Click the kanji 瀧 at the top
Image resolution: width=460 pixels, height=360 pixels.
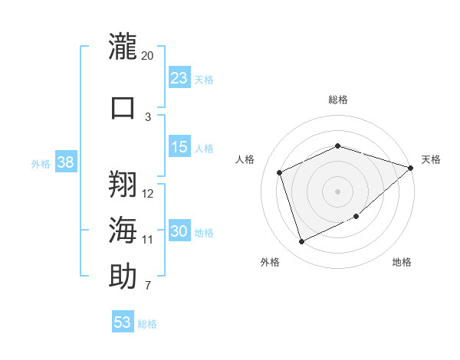(x=123, y=46)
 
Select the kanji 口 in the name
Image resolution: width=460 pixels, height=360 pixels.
(x=123, y=107)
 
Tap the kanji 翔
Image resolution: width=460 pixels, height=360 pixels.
(x=123, y=184)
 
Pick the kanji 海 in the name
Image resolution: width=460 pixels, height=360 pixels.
(x=123, y=230)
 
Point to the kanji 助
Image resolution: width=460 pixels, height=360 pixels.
(x=123, y=276)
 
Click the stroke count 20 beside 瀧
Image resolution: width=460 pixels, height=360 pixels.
(x=147, y=56)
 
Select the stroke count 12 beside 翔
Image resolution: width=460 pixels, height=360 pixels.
(x=147, y=194)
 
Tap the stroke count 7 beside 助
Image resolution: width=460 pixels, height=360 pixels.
(x=148, y=285)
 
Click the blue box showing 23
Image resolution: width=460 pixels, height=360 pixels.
(x=179, y=77)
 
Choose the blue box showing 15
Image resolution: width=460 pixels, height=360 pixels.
(x=179, y=146)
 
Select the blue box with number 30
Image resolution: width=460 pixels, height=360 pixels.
(x=179, y=230)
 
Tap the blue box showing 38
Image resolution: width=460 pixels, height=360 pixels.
(x=66, y=162)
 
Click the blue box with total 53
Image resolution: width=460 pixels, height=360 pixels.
(x=123, y=321)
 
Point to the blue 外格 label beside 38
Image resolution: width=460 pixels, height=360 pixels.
(x=41, y=164)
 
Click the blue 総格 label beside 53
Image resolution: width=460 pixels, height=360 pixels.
(x=147, y=324)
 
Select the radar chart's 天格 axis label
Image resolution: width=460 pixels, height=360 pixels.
(x=431, y=159)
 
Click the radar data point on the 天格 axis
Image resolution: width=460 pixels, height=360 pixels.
(x=411, y=168)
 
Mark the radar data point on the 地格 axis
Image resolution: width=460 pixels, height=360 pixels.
(x=356, y=216)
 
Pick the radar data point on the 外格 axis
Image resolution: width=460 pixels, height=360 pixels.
(x=301, y=241)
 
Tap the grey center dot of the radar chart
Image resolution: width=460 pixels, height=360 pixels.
(x=337, y=191)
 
